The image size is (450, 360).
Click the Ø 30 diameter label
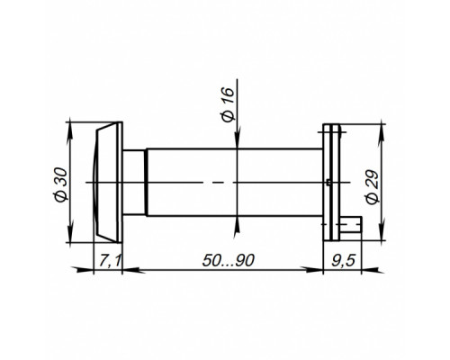click(62, 184)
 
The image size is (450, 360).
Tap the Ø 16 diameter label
click(228, 104)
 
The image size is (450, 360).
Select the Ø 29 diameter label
click(373, 187)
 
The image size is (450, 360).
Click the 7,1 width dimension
click(110, 260)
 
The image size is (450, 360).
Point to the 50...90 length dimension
click(229, 260)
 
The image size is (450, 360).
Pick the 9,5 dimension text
click(343, 260)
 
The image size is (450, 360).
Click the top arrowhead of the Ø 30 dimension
click(70, 131)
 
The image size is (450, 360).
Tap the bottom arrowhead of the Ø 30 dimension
click(70, 233)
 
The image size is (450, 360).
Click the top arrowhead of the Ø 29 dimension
click(382, 132)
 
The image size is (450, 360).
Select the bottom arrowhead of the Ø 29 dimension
click(382, 231)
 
